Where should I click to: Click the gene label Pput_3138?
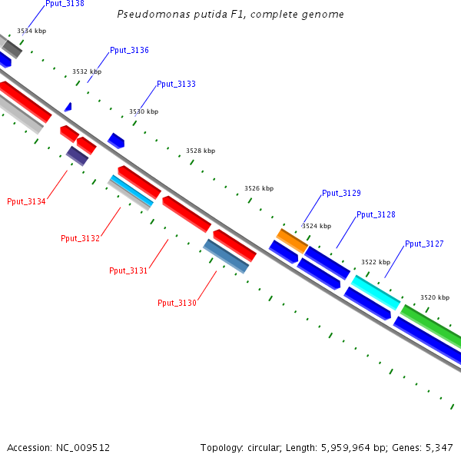tap(65, 4)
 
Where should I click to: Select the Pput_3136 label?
tap(129, 50)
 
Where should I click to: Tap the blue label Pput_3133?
tap(176, 84)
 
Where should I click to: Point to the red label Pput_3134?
tap(26, 201)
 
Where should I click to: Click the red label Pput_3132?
tap(80, 238)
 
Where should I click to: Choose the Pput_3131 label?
tap(128, 270)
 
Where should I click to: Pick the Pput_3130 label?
tap(177, 303)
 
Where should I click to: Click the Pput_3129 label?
tap(341, 193)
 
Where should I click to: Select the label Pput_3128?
tap(376, 214)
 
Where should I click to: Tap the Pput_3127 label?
tap(424, 244)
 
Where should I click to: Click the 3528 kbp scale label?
tap(201, 151)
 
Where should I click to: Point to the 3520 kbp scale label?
tap(435, 297)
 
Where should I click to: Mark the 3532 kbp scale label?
tap(87, 71)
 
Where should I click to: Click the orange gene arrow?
tap(292, 240)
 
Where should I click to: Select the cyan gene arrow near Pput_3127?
tap(376, 292)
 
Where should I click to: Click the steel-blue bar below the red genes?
tap(226, 256)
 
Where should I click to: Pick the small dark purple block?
tap(77, 156)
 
